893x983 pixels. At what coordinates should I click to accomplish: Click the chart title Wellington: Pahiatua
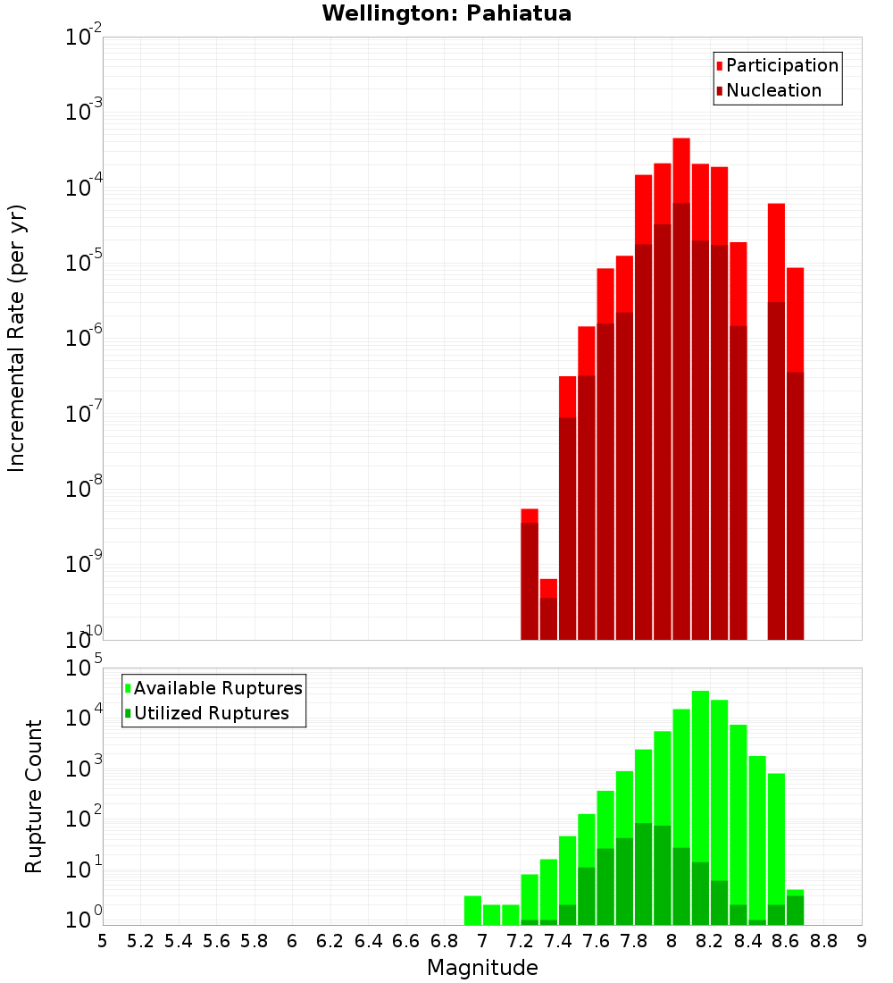coord(446,13)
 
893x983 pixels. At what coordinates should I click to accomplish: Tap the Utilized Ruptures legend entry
coord(211,713)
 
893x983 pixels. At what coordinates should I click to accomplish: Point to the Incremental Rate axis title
coord(16,338)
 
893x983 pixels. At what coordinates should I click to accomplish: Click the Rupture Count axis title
coord(34,796)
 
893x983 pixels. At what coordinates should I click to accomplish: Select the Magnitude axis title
coord(482,968)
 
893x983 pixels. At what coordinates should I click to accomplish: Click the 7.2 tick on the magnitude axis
coord(520,941)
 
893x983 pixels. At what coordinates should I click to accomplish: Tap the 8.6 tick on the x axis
coord(786,941)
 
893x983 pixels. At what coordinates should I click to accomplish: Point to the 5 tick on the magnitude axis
coord(103,941)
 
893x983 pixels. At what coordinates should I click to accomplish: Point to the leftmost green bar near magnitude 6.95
coord(472,911)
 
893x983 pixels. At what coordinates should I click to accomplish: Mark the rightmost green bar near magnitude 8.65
coord(795,908)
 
